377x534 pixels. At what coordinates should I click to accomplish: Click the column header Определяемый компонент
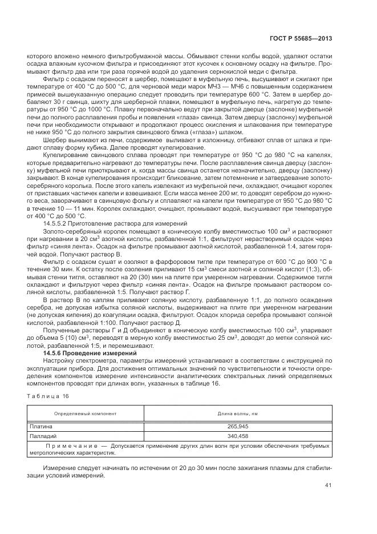pyautogui.click(x=85, y=413)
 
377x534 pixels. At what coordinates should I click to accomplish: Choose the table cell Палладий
pyautogui.click(x=43, y=435)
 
